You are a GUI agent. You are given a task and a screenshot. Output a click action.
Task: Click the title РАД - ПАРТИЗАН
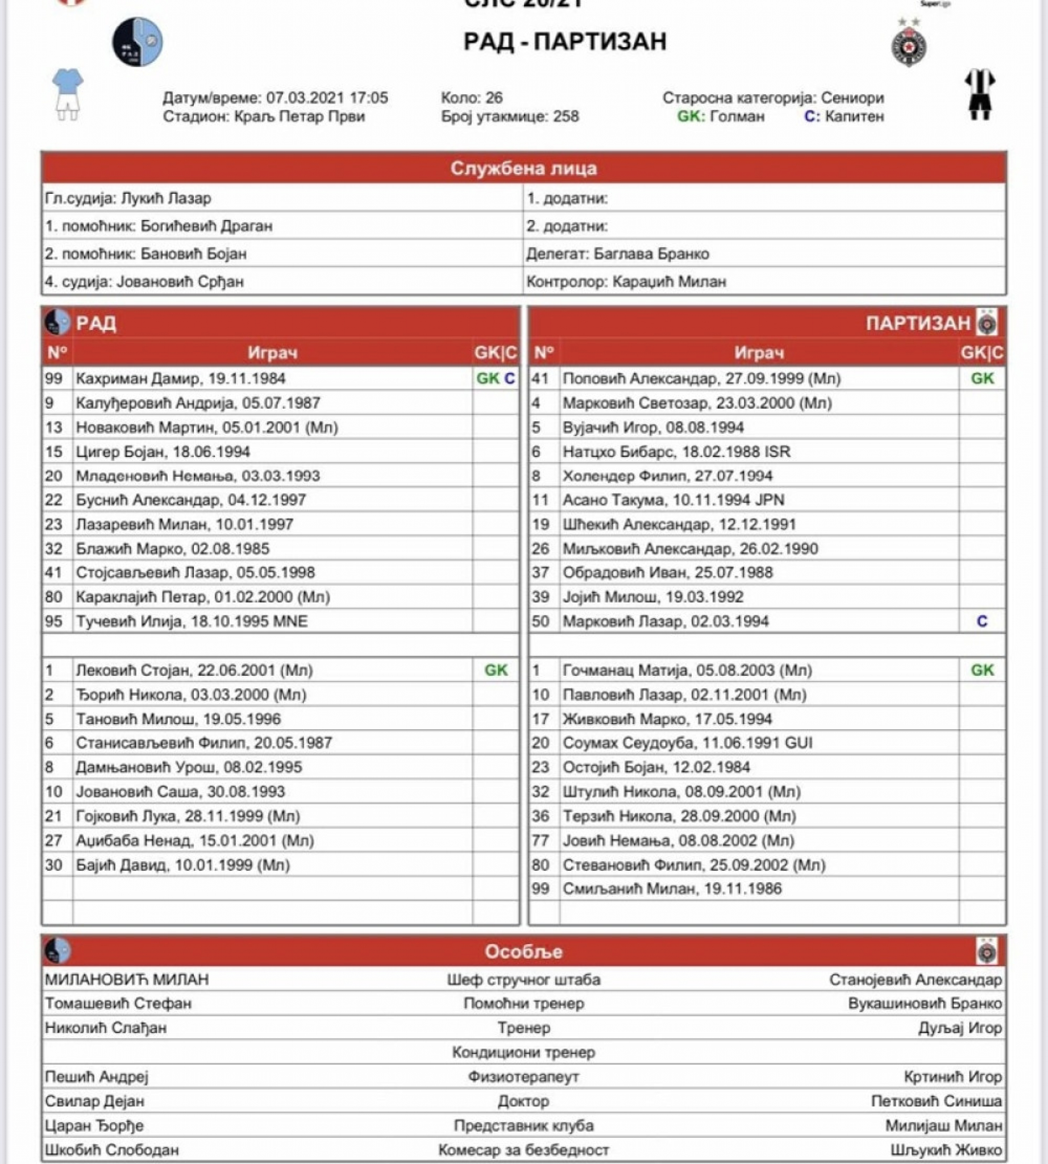click(565, 41)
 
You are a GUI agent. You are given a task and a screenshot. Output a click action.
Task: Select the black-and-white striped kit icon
click(980, 93)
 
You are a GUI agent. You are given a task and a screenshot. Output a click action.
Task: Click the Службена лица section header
click(523, 168)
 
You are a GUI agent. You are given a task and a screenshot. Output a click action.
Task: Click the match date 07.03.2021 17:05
click(326, 98)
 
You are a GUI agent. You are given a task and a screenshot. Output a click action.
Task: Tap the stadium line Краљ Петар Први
click(299, 117)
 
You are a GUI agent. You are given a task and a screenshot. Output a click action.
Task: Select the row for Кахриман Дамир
click(181, 379)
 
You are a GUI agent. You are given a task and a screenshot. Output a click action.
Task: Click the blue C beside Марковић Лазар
click(982, 621)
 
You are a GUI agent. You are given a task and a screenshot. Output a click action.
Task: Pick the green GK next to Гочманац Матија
click(982, 671)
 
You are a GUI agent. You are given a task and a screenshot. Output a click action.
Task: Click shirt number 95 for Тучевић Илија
click(53, 621)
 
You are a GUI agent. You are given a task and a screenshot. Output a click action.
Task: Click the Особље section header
click(523, 951)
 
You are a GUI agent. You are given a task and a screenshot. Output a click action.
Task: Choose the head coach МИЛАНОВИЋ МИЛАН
click(127, 979)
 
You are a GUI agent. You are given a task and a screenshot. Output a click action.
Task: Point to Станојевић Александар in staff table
click(915, 980)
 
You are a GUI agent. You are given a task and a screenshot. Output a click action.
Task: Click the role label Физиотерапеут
click(523, 1076)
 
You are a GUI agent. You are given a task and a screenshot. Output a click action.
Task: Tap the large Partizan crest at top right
click(909, 45)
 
